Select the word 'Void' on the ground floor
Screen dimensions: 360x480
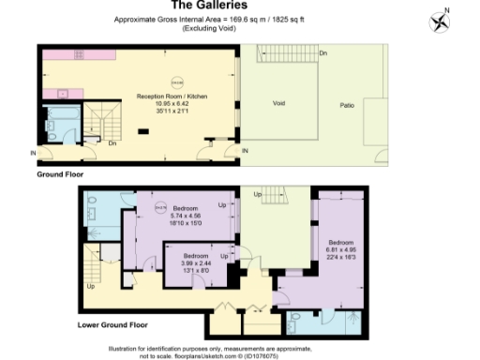click(x=278, y=104)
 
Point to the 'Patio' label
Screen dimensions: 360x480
click(x=347, y=104)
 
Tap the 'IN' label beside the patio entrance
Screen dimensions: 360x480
click(x=246, y=150)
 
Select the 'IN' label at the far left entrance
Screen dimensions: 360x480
click(x=34, y=153)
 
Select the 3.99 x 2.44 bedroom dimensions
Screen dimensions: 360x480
click(x=195, y=263)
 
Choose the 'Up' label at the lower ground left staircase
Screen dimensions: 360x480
click(x=91, y=286)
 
